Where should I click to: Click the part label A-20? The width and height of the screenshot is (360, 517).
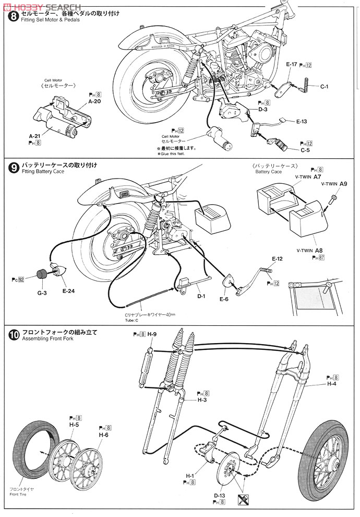[94, 101]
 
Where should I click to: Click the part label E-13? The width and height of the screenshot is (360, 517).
[302, 121]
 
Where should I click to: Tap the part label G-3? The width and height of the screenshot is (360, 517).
[42, 293]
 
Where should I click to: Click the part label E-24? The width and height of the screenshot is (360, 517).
[68, 290]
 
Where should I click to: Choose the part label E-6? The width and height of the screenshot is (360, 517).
[224, 299]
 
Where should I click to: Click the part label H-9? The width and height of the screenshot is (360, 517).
[152, 334]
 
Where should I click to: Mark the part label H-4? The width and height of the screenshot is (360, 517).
[332, 384]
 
